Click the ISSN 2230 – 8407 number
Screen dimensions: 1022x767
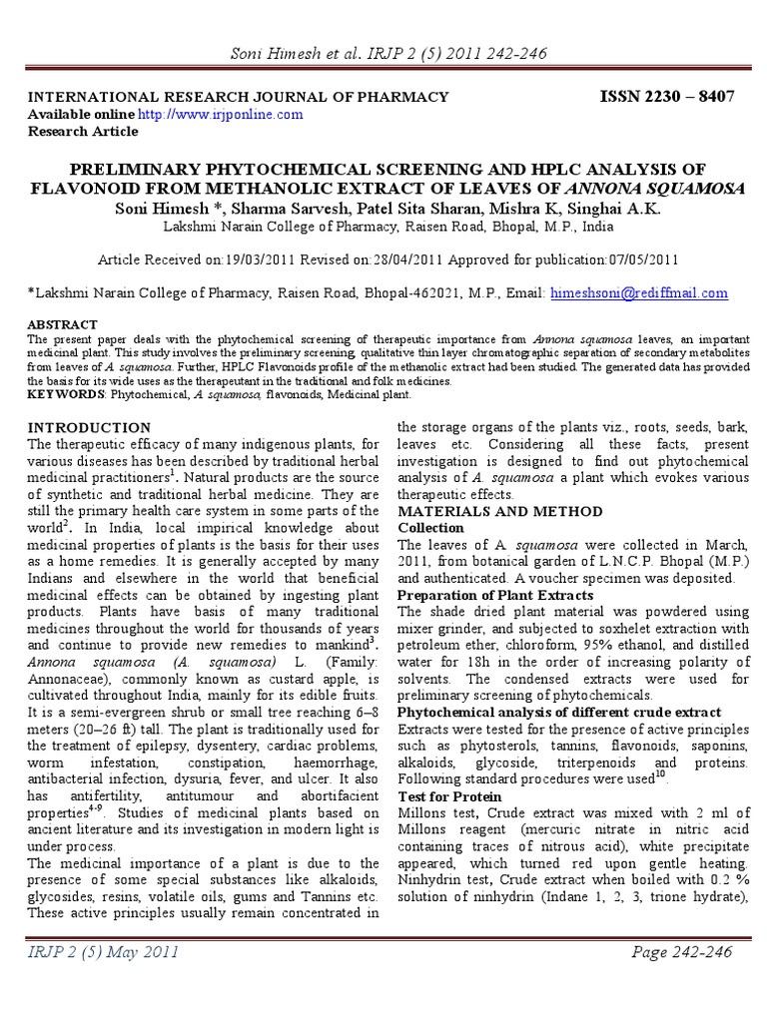[666, 96]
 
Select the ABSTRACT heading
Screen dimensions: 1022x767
[62, 324]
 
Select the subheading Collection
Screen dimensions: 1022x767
[431, 527]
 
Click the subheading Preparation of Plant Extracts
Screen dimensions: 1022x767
[495, 595]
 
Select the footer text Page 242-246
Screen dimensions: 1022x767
[682, 952]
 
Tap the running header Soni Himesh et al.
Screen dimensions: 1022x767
[283, 53]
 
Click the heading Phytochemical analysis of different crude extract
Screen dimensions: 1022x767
[560, 713]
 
